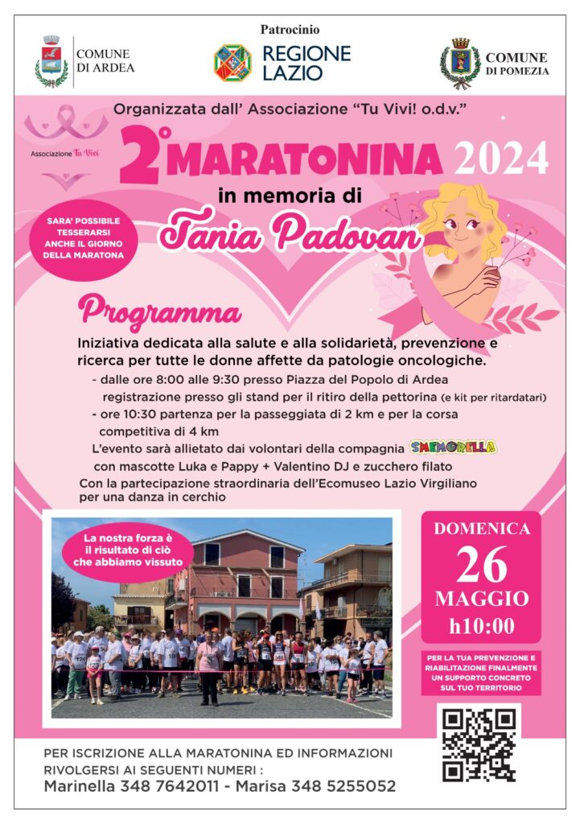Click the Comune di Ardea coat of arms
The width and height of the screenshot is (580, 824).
pos(51,61)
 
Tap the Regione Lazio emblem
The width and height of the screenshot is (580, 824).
pos(232,63)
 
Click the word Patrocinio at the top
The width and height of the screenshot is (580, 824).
pos(290,30)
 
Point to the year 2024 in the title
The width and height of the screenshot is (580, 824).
pos(501,158)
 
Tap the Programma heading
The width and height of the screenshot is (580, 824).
pos(159,310)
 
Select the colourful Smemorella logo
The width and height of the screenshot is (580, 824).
pos(452,447)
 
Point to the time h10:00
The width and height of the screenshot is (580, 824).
pos(481,625)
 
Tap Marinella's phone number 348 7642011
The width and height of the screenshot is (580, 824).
pos(171,786)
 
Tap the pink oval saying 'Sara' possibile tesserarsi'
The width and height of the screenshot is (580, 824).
pos(80,238)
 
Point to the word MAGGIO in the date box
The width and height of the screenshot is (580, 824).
pos(481,599)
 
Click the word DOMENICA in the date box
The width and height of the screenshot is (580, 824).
pos(481,529)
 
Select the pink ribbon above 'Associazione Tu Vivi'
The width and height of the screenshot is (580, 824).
pos(65,122)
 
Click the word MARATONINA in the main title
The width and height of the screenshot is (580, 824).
pos(306,159)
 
